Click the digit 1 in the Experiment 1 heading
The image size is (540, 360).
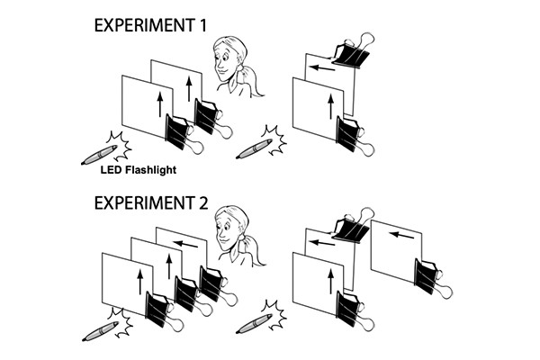click(202, 25)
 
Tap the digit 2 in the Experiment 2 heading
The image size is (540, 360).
click(203, 202)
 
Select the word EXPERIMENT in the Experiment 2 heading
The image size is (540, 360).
click(144, 202)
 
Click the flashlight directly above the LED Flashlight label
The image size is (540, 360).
click(99, 155)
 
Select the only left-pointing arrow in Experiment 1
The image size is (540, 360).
click(322, 68)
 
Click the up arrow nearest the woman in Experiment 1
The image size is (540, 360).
click(189, 88)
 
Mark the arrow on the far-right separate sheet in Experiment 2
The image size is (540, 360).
click(401, 235)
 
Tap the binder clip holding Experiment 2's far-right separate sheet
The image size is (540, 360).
click(433, 278)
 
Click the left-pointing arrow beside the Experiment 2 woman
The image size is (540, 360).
click(185, 244)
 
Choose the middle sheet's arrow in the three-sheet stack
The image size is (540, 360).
click(169, 266)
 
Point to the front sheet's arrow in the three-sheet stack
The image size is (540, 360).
click(139, 282)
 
